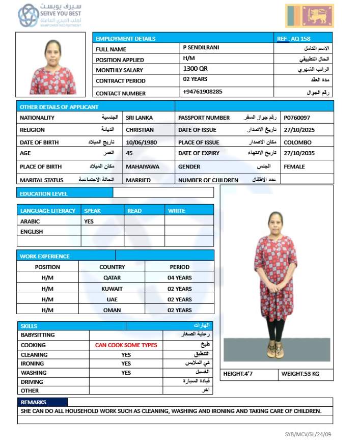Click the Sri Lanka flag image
(309, 16)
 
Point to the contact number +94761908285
(202, 92)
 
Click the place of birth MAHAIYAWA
(143, 166)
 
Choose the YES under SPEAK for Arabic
(89, 221)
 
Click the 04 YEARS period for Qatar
(180, 278)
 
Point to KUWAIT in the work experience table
(112, 289)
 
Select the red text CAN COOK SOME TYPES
(126, 345)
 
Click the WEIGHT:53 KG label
(300, 374)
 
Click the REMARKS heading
(31, 402)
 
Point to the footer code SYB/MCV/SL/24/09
(308, 434)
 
